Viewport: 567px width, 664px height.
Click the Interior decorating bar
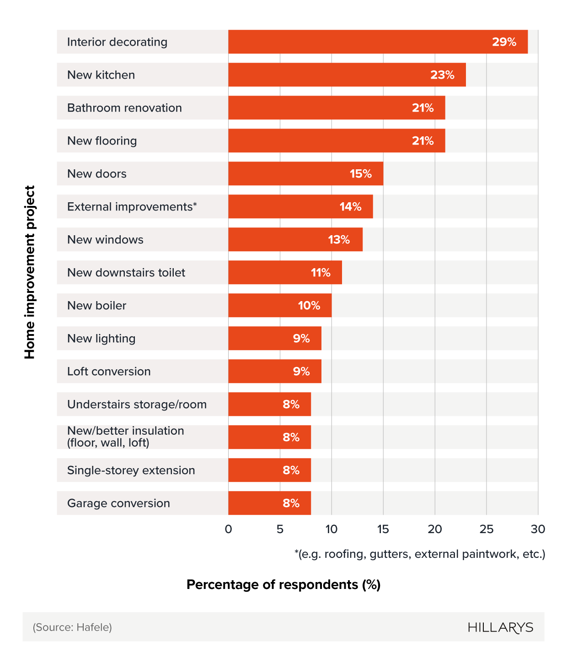point(378,42)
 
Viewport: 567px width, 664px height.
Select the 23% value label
point(442,75)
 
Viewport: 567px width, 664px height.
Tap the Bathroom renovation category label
point(124,108)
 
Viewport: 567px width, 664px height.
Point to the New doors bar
point(305,173)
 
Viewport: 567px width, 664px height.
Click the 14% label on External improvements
point(350,207)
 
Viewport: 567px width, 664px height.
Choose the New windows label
point(105,240)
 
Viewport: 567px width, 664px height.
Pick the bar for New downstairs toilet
point(285,272)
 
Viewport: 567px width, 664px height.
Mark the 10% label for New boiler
point(309,306)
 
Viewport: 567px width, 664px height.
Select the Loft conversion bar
point(274,371)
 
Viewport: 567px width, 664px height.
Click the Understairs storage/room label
point(137,405)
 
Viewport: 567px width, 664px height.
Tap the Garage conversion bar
point(269,503)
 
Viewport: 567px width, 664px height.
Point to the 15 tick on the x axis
point(383,529)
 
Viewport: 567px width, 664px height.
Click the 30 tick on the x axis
point(538,529)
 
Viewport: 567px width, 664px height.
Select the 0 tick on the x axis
point(228,529)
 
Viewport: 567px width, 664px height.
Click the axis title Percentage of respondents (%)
point(283,585)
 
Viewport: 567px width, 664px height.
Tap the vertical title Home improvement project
point(30,272)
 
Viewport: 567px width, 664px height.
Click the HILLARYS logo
point(500,627)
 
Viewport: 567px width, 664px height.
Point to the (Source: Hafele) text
point(72,627)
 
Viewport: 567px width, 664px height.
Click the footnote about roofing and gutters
point(420,554)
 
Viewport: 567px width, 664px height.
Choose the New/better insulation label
point(125,437)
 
